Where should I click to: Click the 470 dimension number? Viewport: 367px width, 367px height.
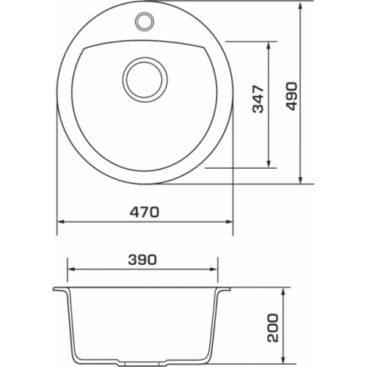click(145, 212)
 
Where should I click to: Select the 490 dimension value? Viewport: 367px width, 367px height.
click(292, 96)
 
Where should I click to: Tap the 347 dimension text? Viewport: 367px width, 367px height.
click(258, 99)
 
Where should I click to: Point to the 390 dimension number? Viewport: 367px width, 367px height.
click(142, 260)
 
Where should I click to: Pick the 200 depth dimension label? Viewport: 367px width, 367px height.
click(273, 328)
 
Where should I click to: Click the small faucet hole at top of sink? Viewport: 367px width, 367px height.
click(145, 21)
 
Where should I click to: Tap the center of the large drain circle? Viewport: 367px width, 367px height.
click(145, 80)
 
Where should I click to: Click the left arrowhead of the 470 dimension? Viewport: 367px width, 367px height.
click(61, 222)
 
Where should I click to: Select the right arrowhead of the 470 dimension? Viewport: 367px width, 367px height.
click(229, 222)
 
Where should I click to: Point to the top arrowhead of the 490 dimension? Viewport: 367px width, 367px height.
click(301, 5)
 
